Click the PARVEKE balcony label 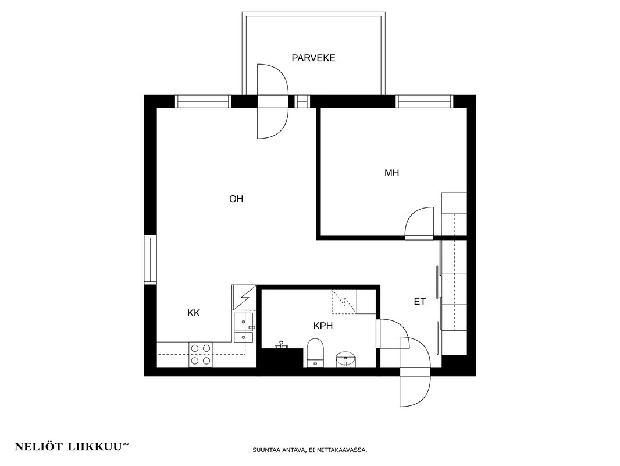tap(313, 58)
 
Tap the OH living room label tap(236, 199)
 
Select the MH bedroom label tap(392, 172)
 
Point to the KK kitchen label tap(194, 313)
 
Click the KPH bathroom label tap(323, 326)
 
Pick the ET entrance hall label tap(419, 302)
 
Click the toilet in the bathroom tap(316, 352)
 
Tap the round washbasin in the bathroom tap(345, 359)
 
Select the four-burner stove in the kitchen tap(201, 354)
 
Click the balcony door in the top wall tap(273, 101)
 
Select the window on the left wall tap(150, 260)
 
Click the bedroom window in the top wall tap(424, 101)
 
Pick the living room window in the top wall tap(203, 101)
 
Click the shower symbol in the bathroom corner tap(344, 302)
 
